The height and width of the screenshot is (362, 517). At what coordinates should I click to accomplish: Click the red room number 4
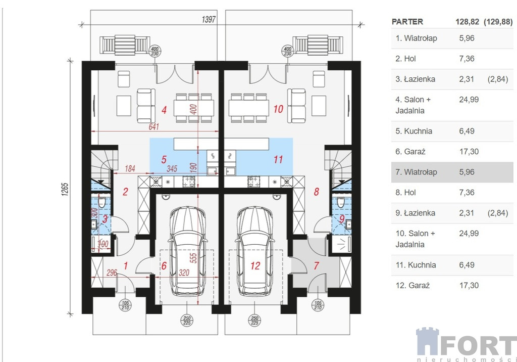tap(164, 110)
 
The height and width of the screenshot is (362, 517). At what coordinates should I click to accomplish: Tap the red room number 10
tap(278, 109)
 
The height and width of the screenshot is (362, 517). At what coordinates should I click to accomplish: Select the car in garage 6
tap(187, 251)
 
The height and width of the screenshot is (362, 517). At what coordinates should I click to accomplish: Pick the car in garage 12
tap(255, 251)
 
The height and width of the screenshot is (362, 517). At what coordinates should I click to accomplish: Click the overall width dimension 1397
tap(209, 20)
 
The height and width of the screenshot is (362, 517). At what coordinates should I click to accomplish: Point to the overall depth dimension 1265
tap(65, 190)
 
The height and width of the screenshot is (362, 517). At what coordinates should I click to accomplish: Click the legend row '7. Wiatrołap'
tap(452, 172)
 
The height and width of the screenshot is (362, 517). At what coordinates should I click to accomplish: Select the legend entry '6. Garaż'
tap(410, 152)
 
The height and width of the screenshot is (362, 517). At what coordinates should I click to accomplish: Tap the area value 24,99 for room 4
tap(469, 100)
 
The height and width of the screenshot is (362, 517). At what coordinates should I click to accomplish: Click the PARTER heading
tap(407, 22)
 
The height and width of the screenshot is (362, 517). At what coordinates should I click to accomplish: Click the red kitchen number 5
tap(164, 160)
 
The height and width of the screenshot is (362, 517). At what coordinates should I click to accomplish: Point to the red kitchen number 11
tap(278, 160)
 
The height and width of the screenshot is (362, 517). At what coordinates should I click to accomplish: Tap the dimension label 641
tap(153, 126)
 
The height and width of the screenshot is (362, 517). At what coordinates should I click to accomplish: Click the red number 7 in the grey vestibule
tap(316, 265)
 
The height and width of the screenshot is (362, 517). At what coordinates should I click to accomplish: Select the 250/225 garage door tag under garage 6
tap(187, 321)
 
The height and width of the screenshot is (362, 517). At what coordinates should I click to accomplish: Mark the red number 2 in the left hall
tap(125, 192)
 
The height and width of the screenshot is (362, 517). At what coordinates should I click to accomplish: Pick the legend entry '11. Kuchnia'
tap(416, 265)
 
